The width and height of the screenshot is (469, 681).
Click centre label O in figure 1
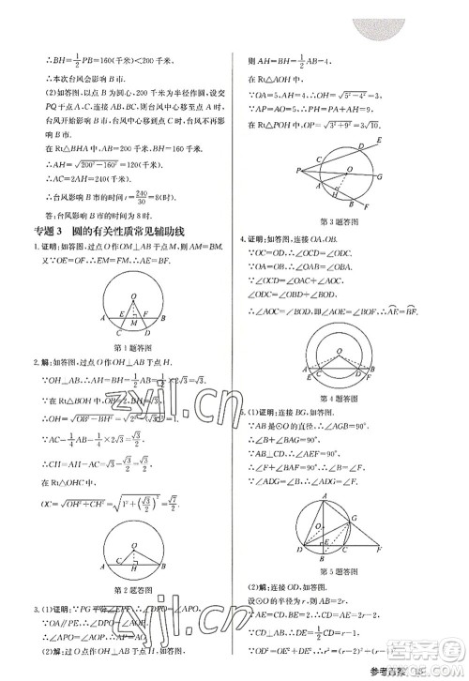pos(131,294)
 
